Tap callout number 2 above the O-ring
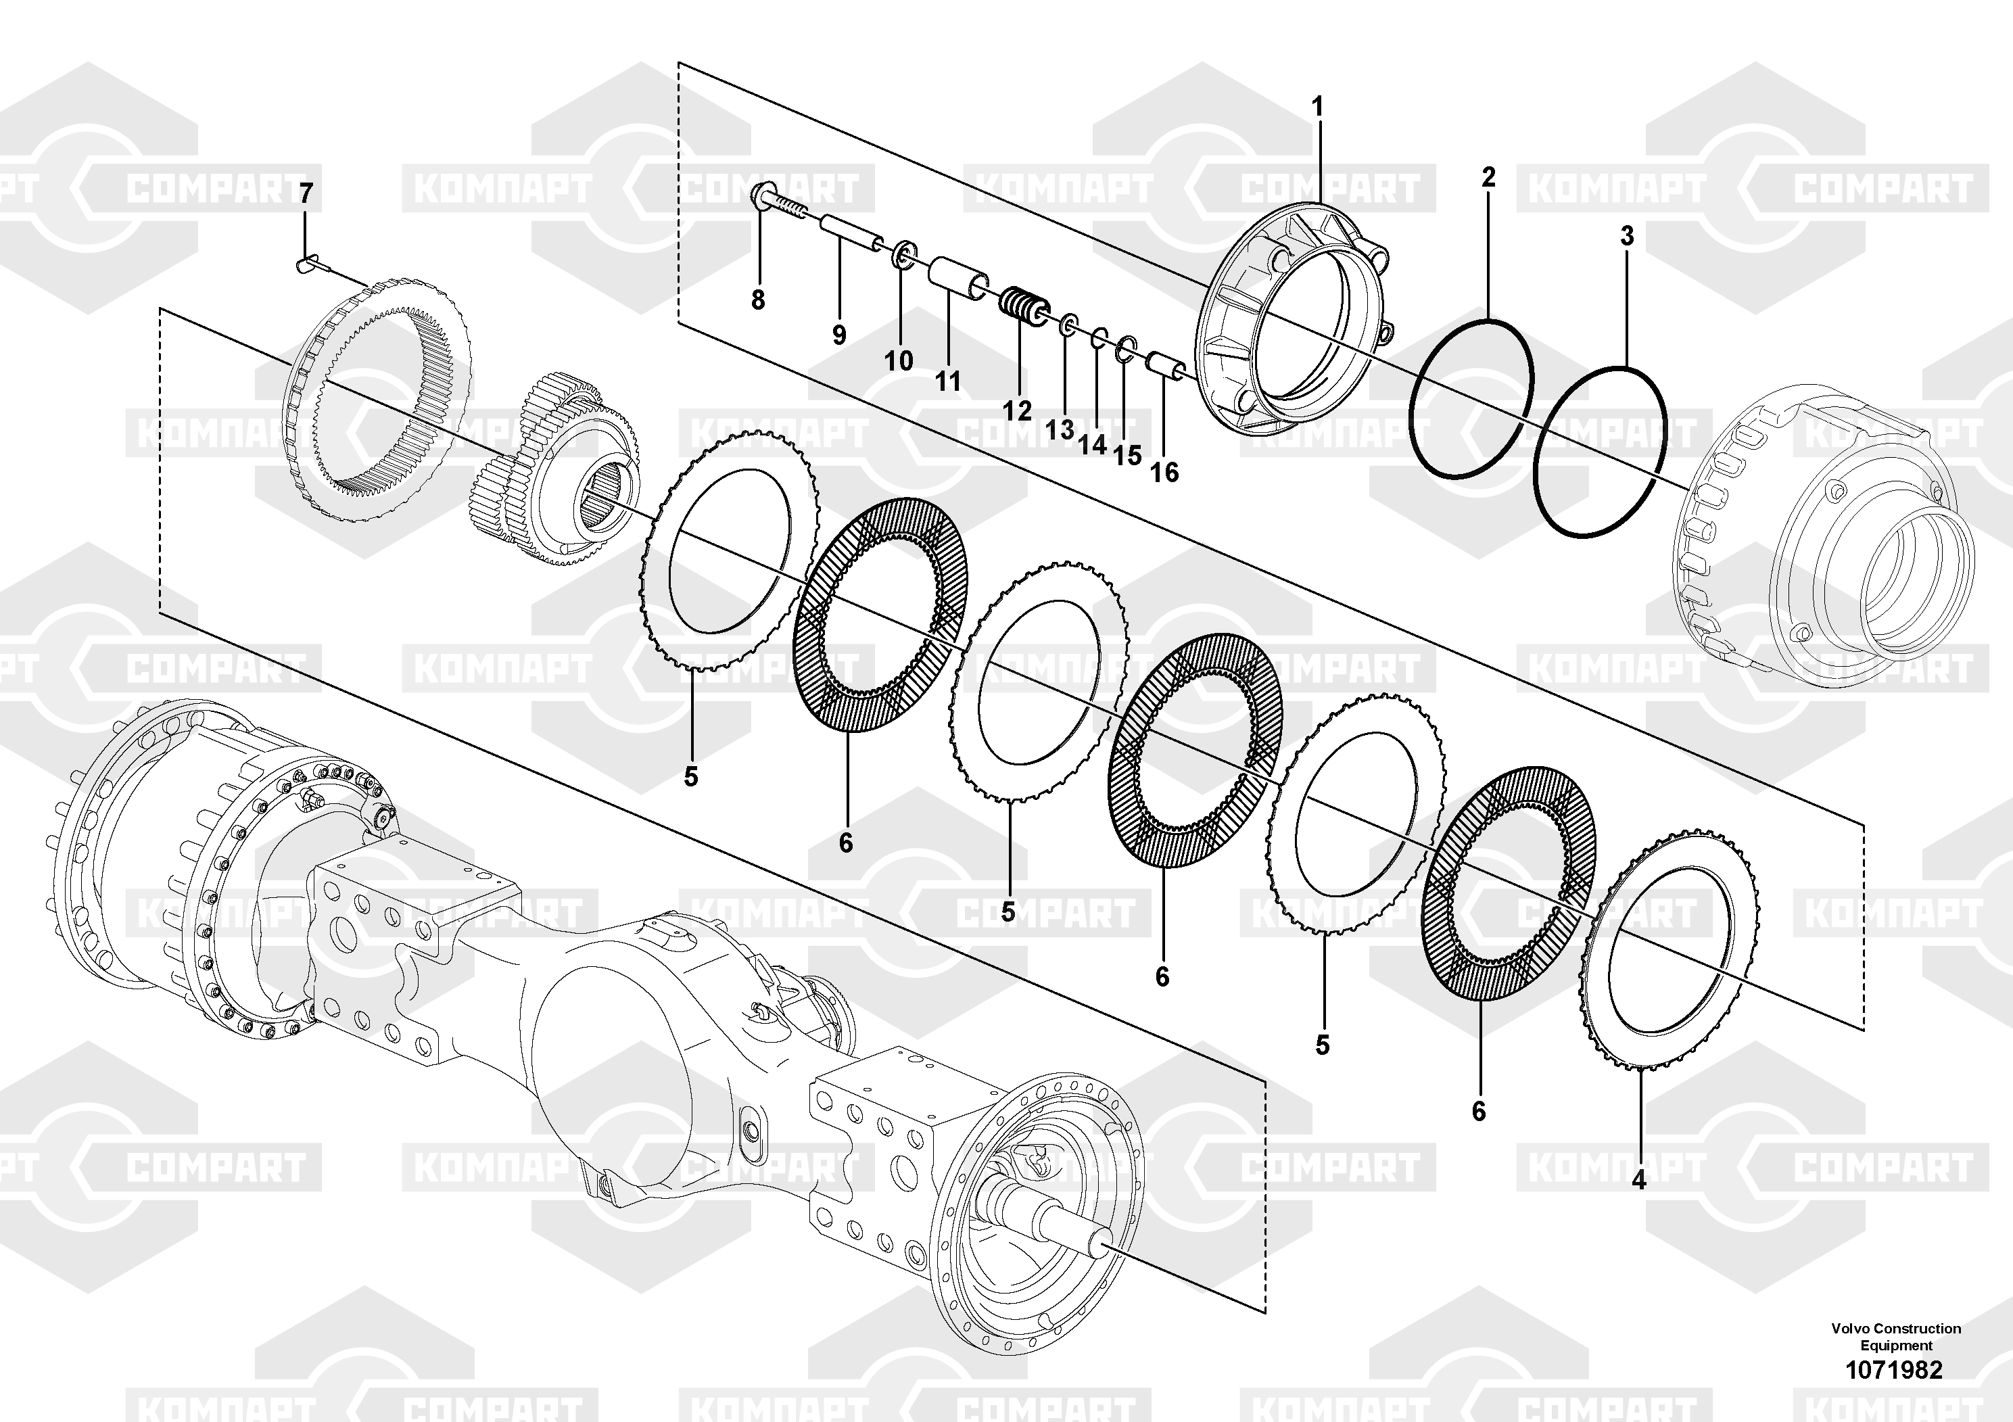pyautogui.click(x=1488, y=177)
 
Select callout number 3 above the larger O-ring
pyautogui.click(x=1627, y=236)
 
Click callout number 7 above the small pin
pyautogui.click(x=305, y=193)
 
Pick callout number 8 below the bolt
pyautogui.click(x=757, y=300)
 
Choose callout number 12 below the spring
pyautogui.click(x=1018, y=410)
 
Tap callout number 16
pyautogui.click(x=1164, y=473)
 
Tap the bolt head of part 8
pyautogui.click(x=760, y=192)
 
